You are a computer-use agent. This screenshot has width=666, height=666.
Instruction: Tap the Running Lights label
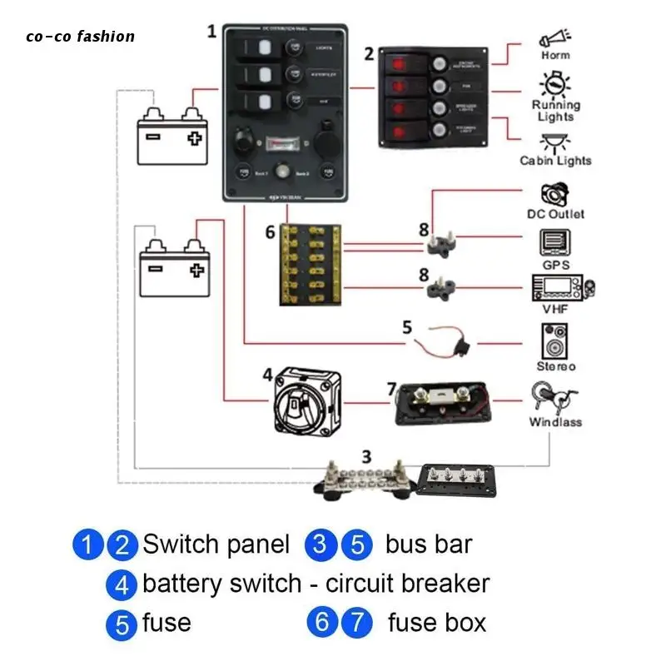(x=556, y=111)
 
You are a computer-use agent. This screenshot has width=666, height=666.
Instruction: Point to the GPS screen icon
(x=555, y=243)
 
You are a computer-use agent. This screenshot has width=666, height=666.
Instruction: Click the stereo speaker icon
(x=555, y=341)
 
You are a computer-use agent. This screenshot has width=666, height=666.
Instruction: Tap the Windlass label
(x=555, y=422)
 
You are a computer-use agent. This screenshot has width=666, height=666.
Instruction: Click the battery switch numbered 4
(x=305, y=401)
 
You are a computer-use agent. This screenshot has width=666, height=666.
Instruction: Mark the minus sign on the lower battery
(x=154, y=268)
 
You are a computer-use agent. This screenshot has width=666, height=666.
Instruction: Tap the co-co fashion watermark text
(x=80, y=36)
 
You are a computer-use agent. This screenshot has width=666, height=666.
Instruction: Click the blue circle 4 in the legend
(x=122, y=585)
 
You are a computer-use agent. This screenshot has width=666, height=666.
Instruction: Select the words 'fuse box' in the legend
(x=437, y=623)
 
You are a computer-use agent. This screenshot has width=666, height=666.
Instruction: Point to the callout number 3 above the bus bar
(x=365, y=456)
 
